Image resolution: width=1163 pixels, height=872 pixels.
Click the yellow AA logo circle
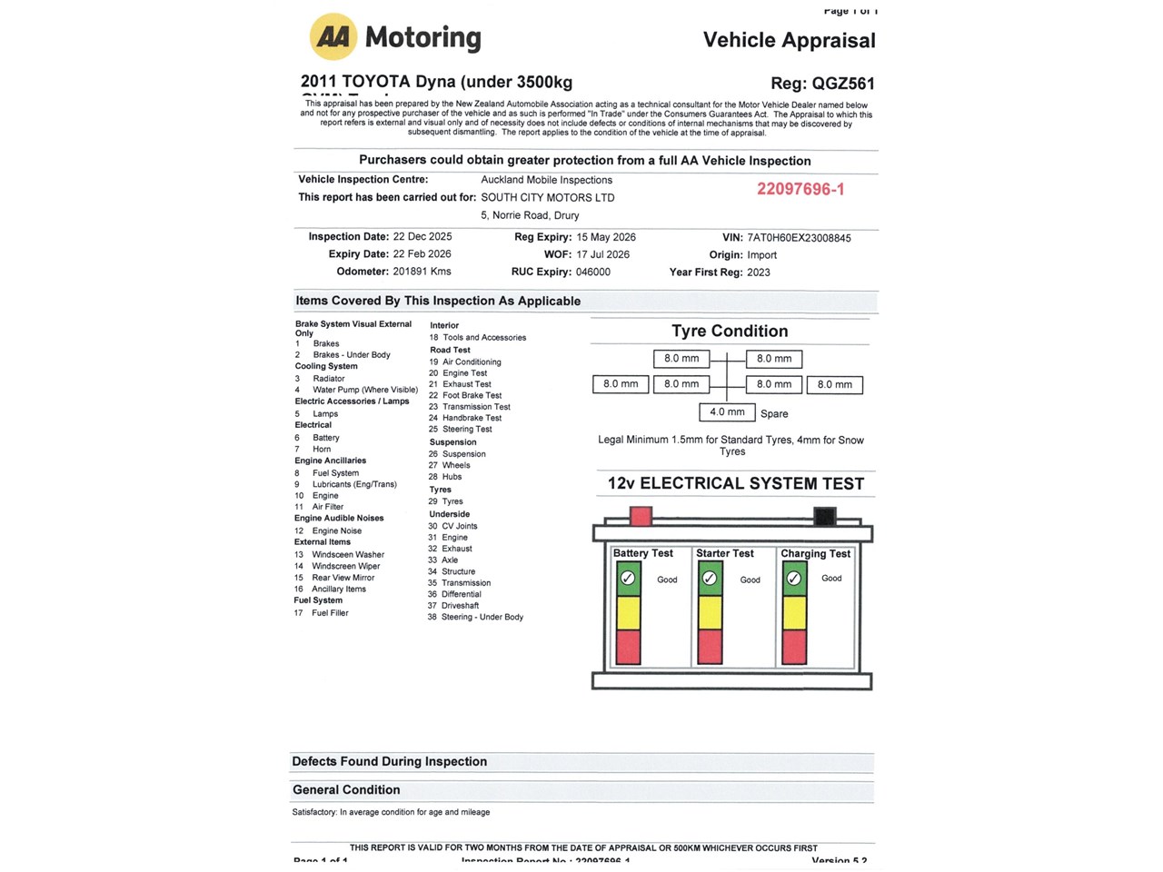(x=333, y=37)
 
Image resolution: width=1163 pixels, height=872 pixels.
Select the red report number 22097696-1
(x=800, y=189)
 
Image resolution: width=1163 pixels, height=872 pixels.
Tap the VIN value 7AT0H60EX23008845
(x=799, y=238)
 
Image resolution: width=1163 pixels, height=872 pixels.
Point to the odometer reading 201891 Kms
(x=422, y=272)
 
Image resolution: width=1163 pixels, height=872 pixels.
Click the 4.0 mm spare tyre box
(x=727, y=412)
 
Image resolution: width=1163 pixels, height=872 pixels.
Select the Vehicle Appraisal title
(x=789, y=40)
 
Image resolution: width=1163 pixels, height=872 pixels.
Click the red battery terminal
(x=641, y=516)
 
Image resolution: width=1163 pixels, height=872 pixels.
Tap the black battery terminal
(x=824, y=516)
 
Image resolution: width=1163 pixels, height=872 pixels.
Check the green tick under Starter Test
(x=710, y=579)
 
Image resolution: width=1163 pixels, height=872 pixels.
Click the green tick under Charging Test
(x=794, y=579)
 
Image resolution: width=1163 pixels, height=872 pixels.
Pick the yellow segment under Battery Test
(x=628, y=613)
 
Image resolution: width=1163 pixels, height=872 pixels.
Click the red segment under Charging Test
(x=794, y=647)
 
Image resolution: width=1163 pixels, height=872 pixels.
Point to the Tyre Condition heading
(x=730, y=332)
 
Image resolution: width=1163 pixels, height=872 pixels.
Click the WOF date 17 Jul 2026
(x=602, y=254)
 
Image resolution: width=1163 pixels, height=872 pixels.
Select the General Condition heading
(x=346, y=790)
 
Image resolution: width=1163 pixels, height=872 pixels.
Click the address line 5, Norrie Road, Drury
(x=530, y=215)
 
